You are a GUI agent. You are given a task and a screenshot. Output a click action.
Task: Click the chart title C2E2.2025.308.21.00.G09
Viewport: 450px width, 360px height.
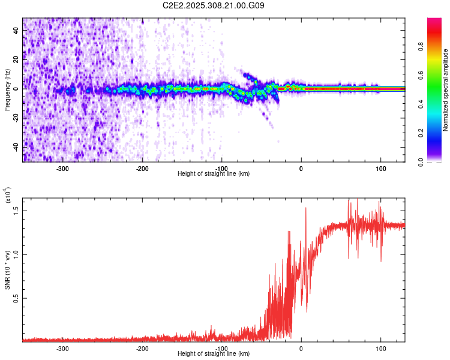[214, 5]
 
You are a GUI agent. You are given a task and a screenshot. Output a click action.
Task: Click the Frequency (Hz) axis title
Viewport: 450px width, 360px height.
[7, 89]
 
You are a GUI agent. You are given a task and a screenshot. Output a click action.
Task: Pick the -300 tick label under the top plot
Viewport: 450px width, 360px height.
[62, 169]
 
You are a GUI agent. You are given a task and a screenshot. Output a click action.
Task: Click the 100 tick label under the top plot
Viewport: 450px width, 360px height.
[380, 169]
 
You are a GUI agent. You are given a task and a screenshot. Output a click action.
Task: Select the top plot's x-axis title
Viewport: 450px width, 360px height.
[214, 174]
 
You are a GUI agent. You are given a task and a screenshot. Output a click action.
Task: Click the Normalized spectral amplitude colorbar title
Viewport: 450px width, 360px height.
[445, 90]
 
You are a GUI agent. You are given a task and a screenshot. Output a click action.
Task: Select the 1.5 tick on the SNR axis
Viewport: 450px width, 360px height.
[16, 209]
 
